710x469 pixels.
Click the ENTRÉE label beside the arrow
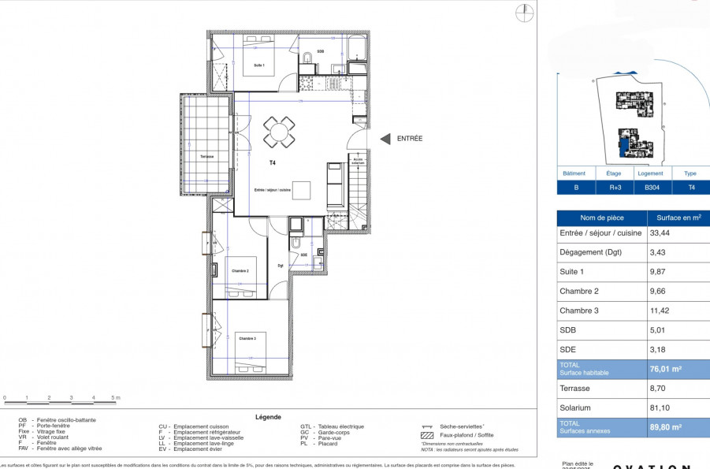coord(410,139)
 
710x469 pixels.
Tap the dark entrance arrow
coord(385,139)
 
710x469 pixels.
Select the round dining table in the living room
coord(279,132)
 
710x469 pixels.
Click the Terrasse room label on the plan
coord(206,157)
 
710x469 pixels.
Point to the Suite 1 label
coord(259,65)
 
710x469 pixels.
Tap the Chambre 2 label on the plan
coord(240,270)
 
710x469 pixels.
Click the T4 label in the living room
coord(272,163)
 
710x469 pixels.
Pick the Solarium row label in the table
coord(575,408)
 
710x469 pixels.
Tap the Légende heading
coord(268,418)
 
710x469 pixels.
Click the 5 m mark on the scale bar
coord(115,398)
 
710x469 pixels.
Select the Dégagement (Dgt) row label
coord(592,252)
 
